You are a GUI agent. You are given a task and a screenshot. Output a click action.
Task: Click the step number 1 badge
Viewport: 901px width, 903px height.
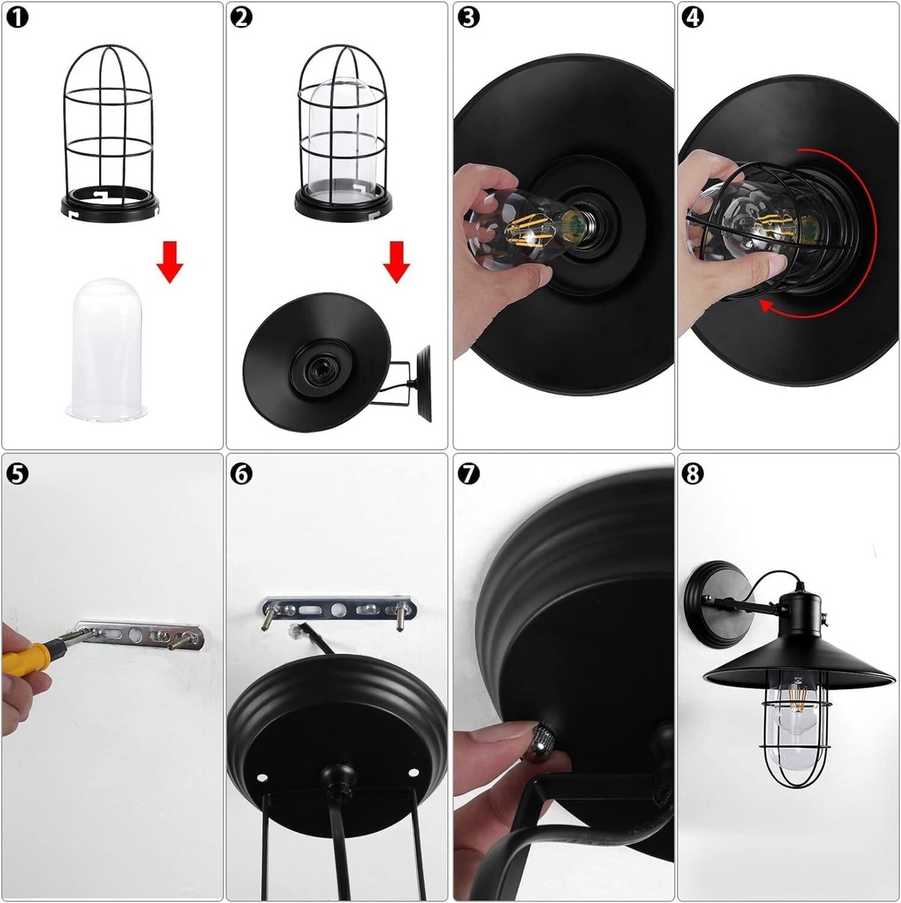pos(18,18)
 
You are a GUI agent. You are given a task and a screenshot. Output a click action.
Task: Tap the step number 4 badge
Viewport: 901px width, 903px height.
pos(693,18)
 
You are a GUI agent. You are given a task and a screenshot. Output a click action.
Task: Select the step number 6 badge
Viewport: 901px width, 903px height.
pos(242,474)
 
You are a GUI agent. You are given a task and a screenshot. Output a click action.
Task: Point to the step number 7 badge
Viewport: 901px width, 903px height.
pos(468,474)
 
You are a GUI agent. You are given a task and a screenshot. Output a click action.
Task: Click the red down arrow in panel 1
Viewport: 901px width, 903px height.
pos(170,262)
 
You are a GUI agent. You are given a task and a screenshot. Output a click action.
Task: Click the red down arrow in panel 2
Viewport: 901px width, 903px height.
pos(396,262)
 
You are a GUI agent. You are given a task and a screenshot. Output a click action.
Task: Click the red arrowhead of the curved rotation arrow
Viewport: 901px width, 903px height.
pos(767,306)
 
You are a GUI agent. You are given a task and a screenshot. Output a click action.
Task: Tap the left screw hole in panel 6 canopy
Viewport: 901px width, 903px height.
pos(260,777)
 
